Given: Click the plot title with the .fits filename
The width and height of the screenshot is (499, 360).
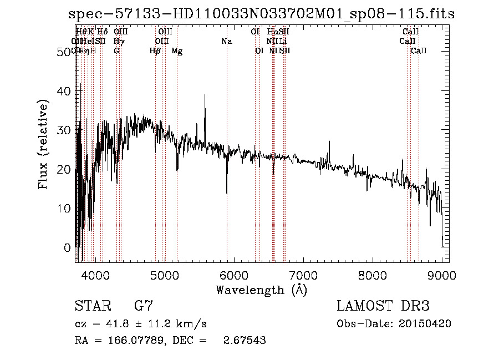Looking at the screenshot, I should click(261, 14).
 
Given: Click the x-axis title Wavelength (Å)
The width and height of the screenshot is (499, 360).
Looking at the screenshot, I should click(261, 290).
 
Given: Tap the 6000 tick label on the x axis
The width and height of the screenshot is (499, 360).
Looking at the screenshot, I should click(233, 275).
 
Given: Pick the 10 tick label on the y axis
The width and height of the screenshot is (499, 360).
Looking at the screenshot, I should click(65, 208).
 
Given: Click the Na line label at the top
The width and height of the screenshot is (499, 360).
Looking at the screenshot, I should click(226, 42).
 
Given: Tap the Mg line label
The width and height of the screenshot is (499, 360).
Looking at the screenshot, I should click(177, 51).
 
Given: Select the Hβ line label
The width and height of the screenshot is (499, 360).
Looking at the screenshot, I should click(155, 51).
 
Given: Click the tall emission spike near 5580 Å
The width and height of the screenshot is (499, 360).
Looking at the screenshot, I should click(205, 96).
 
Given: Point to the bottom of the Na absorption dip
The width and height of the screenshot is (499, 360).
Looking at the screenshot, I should click(227, 192).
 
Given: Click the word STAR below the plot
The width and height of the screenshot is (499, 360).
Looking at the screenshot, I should click(92, 306).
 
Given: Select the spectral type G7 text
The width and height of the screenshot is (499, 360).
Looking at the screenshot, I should click(143, 306).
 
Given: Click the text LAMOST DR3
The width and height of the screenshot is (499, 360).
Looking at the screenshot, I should click(383, 306).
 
